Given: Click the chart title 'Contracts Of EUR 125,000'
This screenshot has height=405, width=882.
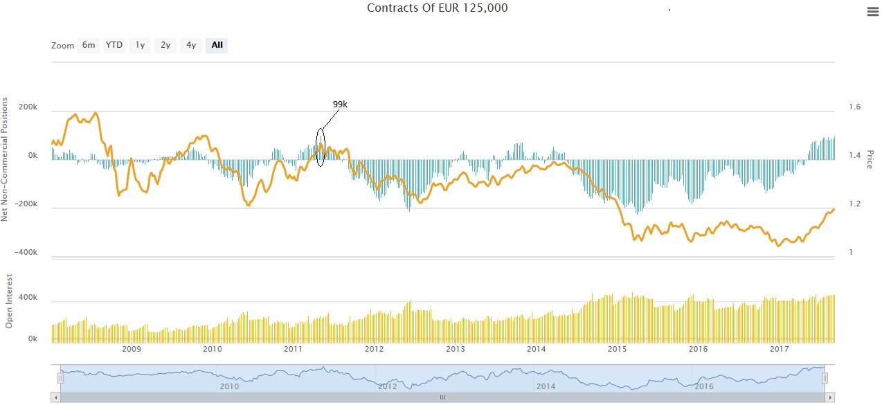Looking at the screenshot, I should click(x=437, y=8).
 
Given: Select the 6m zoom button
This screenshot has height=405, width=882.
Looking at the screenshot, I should click(x=89, y=45).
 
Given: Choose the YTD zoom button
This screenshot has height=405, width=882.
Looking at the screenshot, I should click(x=114, y=45).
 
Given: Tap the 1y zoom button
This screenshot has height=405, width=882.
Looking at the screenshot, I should click(x=140, y=45).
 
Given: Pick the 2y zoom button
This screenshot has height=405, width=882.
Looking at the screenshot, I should click(x=165, y=45).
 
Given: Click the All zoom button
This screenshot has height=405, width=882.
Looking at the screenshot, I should click(x=217, y=45).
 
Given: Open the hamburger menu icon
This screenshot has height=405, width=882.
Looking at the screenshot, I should click(x=872, y=11).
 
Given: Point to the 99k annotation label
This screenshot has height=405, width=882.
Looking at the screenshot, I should click(x=340, y=105).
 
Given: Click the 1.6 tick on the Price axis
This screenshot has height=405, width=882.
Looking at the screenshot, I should click(x=855, y=107).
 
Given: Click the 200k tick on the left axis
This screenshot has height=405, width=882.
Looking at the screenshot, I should click(x=28, y=107).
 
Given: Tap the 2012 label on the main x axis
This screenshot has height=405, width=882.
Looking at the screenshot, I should click(x=375, y=348).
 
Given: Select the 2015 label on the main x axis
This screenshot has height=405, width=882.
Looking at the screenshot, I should click(x=618, y=348).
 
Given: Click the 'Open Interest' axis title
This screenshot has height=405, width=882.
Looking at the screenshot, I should click(x=10, y=300).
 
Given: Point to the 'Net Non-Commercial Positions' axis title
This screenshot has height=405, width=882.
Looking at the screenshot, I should click(x=5, y=159).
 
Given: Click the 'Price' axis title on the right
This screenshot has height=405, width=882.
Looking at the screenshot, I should click(x=870, y=160).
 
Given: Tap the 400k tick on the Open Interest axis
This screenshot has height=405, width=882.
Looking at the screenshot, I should click(x=28, y=298).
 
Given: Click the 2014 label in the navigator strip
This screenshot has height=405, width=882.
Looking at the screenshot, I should click(x=546, y=386).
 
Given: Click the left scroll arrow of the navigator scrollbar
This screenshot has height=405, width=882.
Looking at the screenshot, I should click(x=56, y=398).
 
